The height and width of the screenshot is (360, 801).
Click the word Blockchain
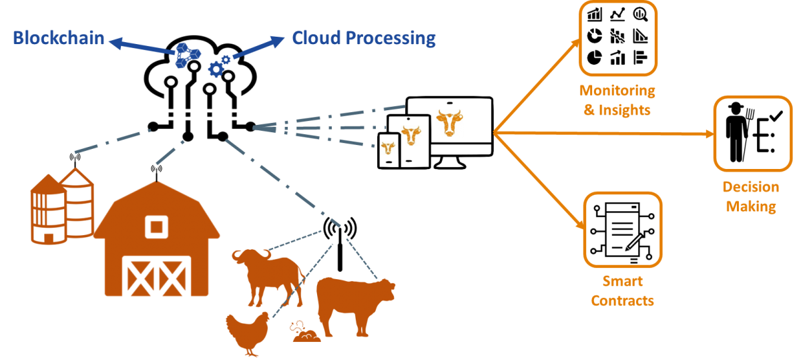point(59,38)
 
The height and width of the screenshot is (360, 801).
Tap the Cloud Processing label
point(364,38)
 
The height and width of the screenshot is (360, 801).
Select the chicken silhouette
point(248,334)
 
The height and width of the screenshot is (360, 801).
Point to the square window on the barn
point(156,226)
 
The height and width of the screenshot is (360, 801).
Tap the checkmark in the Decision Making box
point(776,116)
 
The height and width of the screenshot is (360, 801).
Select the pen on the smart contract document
point(634,241)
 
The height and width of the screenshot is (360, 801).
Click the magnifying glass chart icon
point(640,14)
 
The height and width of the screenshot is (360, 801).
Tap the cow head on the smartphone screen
point(388,148)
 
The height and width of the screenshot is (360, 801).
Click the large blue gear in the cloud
point(216,69)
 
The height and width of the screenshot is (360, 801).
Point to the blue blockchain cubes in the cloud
point(188,55)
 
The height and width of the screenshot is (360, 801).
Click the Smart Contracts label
point(623,291)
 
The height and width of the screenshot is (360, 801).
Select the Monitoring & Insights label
point(617,100)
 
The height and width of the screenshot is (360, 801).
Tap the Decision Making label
point(751,197)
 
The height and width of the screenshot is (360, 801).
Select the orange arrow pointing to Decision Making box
point(603,134)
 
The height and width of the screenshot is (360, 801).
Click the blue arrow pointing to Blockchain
point(142,46)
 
